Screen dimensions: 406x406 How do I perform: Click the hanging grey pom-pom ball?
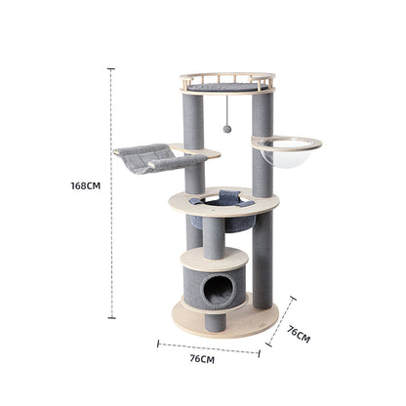227,129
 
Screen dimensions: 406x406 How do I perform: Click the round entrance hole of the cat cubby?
222,289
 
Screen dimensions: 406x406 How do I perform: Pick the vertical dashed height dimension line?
111,195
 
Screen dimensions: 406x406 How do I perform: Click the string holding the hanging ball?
227,107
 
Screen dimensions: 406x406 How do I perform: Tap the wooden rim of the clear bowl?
287,142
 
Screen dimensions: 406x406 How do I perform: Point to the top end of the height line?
111,69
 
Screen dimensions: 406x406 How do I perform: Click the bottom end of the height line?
111,318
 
